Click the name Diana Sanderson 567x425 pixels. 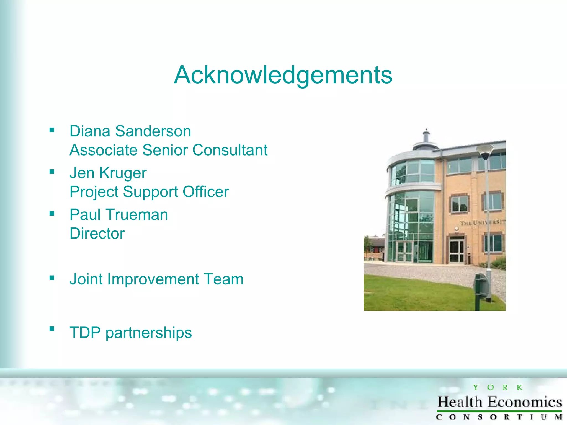(x=130, y=131)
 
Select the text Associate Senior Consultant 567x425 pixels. (x=168, y=150)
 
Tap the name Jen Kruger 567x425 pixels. (x=108, y=173)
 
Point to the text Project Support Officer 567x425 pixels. (x=149, y=192)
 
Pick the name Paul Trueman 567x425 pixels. (x=119, y=215)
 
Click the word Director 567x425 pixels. (x=97, y=234)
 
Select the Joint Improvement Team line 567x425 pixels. (x=156, y=279)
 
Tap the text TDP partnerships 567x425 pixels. (x=131, y=333)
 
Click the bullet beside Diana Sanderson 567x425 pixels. (x=52, y=130)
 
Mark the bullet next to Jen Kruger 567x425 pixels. (x=52, y=172)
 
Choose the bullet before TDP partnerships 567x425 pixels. (x=52, y=329)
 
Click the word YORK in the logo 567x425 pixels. (x=498, y=388)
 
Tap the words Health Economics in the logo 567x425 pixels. (x=499, y=402)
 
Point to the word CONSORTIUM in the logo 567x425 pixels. (x=499, y=417)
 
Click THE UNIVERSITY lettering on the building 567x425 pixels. (x=483, y=222)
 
